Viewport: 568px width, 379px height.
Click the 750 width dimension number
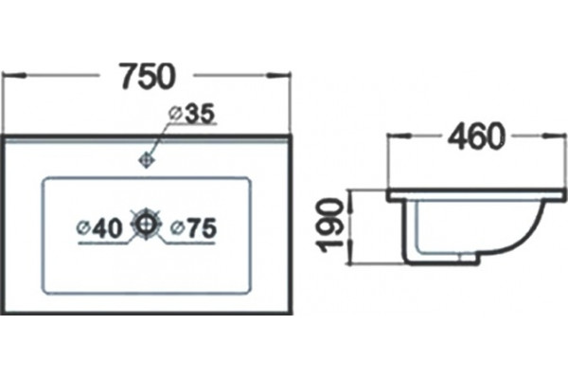[148, 77]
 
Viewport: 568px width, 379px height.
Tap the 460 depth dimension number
[476, 136]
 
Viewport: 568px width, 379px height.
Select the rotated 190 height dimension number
[328, 225]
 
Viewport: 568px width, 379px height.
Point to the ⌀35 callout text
[192, 113]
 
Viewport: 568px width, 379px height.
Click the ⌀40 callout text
[99, 228]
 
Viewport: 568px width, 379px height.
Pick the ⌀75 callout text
[194, 228]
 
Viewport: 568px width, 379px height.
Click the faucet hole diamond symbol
[147, 159]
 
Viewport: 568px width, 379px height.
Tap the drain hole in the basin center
[146, 224]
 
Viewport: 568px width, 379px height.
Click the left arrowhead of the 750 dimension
[14, 76]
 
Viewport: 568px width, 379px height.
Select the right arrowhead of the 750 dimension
[278, 76]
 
